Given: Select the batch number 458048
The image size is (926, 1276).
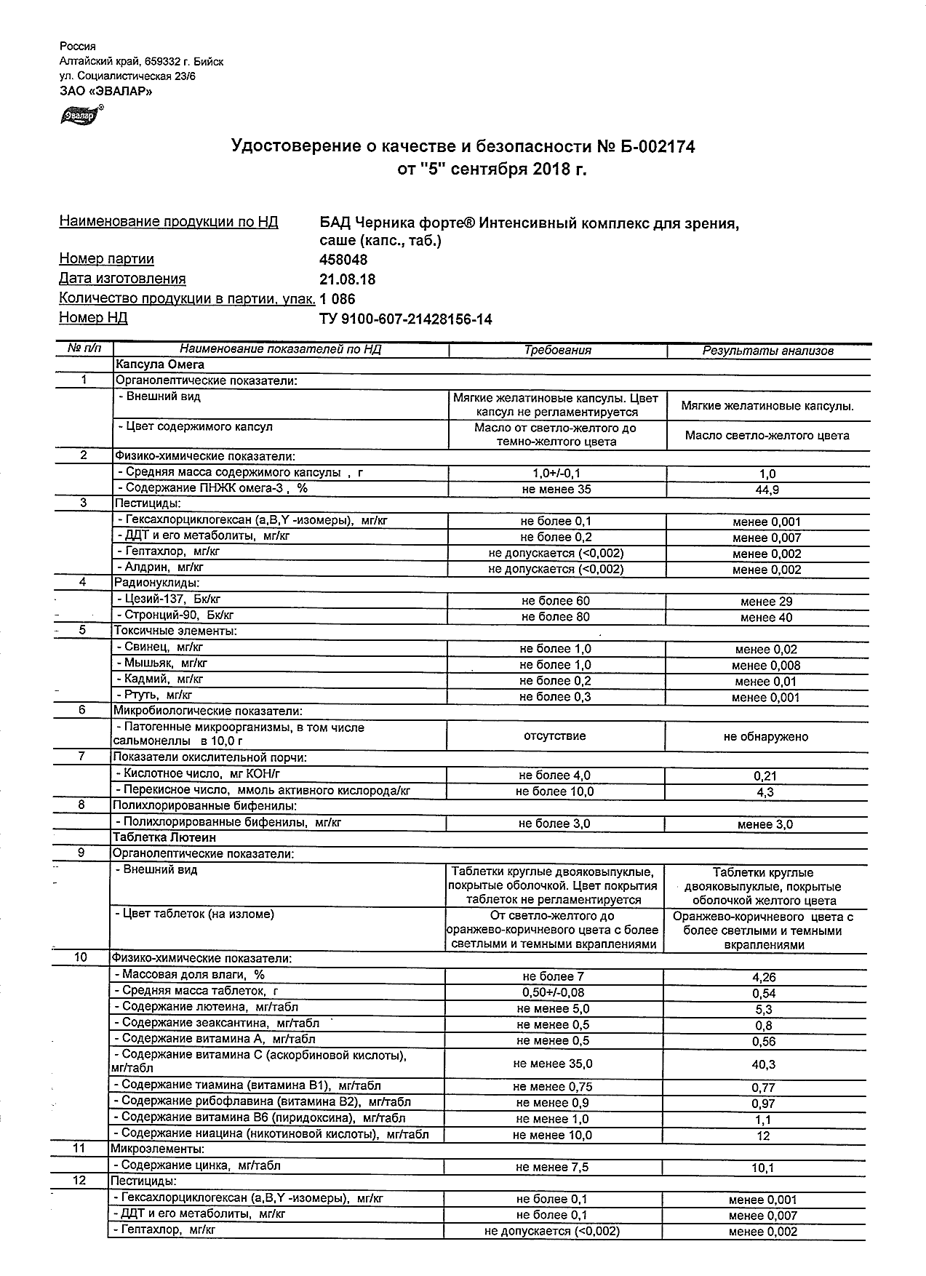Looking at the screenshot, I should point(343,260).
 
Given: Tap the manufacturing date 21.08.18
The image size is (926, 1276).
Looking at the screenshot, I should point(348,279).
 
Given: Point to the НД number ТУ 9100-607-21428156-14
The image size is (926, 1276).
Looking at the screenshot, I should point(405,319).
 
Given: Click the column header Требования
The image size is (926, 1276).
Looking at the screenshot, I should point(558,350).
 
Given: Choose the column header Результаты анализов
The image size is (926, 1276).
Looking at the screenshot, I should point(767,351).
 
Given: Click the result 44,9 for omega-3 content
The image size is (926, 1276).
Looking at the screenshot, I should point(767,490).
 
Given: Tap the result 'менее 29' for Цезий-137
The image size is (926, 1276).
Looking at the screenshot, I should point(767,602).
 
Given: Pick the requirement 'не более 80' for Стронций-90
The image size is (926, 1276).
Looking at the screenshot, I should point(556,617).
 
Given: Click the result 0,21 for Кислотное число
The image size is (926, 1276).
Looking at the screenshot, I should point(765,776).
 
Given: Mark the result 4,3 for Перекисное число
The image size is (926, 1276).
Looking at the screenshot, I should point(765,792).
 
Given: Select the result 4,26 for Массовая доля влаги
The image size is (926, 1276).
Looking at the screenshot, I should point(764,977).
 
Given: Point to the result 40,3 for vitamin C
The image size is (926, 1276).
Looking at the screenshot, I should point(764,1064).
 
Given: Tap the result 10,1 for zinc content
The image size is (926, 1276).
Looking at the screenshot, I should point(763,1168).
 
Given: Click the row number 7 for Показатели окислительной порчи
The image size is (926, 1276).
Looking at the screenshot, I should point(82,757).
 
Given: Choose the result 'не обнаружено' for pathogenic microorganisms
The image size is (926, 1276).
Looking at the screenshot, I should point(766,737).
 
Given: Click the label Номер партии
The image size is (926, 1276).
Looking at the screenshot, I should point(106,259).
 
